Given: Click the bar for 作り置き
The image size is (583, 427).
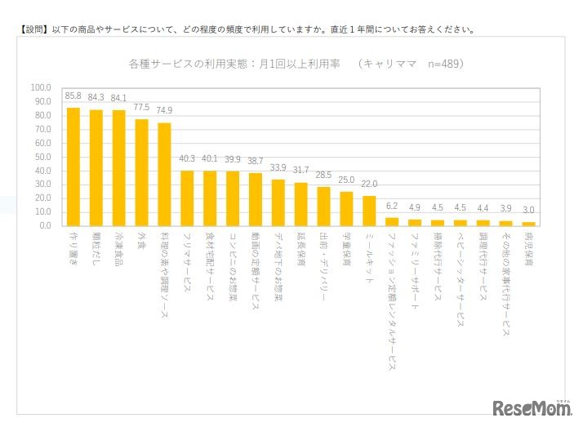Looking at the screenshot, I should click(73, 167).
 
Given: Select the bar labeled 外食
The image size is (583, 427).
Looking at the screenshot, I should click(141, 172).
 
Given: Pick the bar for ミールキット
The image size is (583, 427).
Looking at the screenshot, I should click(369, 211).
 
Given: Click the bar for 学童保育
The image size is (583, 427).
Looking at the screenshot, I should click(346, 208).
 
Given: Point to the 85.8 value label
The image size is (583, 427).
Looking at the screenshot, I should click(73, 96).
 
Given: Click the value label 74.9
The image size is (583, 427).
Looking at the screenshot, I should click(164, 112).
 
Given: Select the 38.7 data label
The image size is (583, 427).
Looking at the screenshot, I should click(256, 162).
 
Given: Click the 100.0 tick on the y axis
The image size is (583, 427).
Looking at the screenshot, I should click(40, 87).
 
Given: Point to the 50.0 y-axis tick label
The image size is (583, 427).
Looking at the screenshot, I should click(42, 156).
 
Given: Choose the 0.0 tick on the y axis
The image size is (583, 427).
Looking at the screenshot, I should click(44, 225).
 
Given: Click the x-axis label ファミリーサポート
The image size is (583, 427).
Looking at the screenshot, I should click(415, 269).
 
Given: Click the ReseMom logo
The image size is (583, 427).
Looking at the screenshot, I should click(530, 407).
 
